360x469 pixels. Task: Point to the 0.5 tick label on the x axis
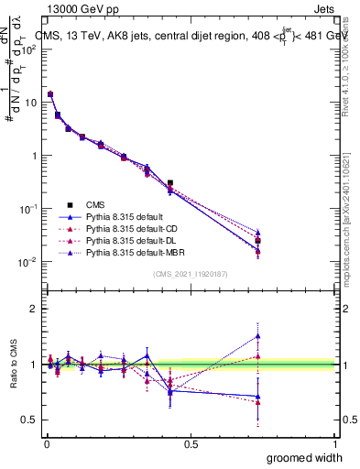pos(191,444)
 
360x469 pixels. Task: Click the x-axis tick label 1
pos(334,444)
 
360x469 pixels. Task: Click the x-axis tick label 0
pos(47,444)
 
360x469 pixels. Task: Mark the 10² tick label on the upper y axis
pos(27,49)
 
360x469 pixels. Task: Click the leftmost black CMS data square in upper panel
pos(50,94)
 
